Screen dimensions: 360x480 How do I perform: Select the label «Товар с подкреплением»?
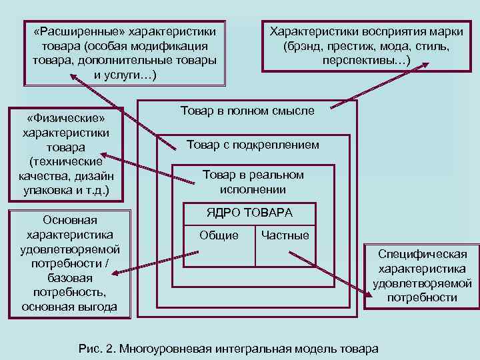[253, 145]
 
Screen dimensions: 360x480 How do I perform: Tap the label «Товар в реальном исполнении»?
[253, 182]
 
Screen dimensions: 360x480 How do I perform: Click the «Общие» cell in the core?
[219, 235]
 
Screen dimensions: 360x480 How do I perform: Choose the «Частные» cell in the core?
[285, 235]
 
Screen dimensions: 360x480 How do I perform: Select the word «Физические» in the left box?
[65, 118]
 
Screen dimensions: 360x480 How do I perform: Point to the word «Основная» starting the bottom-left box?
[69, 220]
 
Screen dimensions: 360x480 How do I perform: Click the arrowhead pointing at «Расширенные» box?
[73, 77]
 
